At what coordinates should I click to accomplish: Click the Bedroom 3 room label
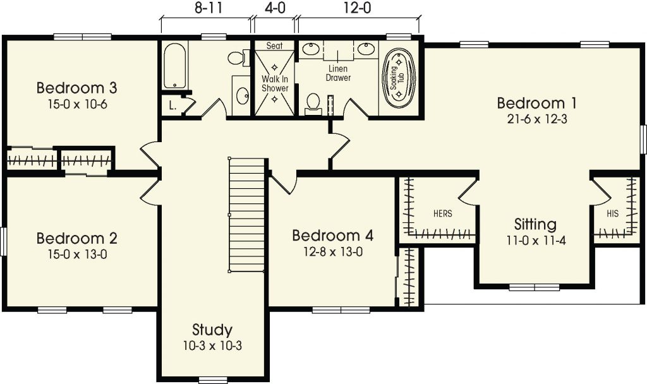(x=76, y=88)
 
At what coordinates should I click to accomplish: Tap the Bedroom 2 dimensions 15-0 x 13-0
(x=78, y=255)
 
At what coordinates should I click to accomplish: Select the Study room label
(x=212, y=330)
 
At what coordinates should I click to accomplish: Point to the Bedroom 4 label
(x=332, y=236)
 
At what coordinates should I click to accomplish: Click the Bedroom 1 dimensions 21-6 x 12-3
(x=537, y=119)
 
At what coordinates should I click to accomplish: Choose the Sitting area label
(x=535, y=225)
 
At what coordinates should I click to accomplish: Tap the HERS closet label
(x=443, y=213)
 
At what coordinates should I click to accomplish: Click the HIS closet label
(x=613, y=213)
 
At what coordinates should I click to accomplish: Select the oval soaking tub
(x=399, y=78)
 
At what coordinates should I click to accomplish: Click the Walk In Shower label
(x=275, y=83)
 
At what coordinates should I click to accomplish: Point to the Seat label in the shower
(x=274, y=45)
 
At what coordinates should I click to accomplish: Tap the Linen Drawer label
(x=339, y=73)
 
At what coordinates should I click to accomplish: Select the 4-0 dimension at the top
(x=275, y=8)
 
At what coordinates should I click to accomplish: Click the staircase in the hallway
(x=247, y=215)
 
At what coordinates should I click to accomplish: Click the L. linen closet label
(x=173, y=105)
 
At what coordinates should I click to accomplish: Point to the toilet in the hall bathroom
(x=238, y=57)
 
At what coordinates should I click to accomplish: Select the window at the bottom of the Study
(x=210, y=380)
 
